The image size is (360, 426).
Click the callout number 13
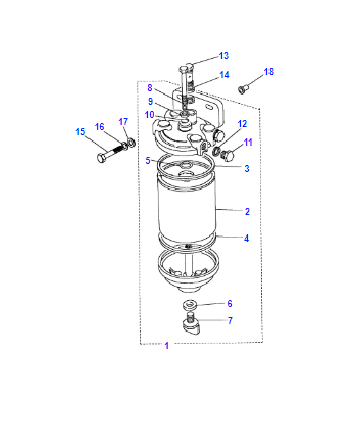(x=224, y=56)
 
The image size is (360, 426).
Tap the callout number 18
(x=269, y=72)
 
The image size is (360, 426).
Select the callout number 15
(x=80, y=132)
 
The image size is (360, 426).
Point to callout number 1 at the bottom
(x=167, y=346)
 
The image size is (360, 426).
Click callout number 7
(x=230, y=321)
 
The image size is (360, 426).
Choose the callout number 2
(x=247, y=211)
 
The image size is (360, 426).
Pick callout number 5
(x=148, y=161)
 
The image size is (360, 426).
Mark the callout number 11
(x=248, y=143)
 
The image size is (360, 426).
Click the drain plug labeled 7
(x=191, y=325)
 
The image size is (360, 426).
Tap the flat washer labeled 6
(x=189, y=304)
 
